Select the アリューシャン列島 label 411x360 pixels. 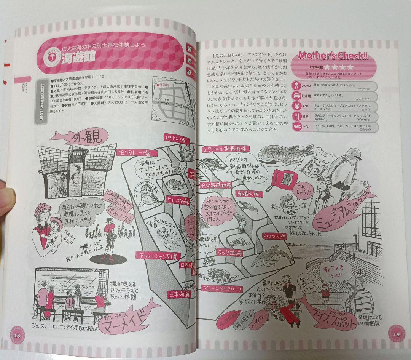tap(157, 256)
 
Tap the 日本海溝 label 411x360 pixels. tap(180, 294)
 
